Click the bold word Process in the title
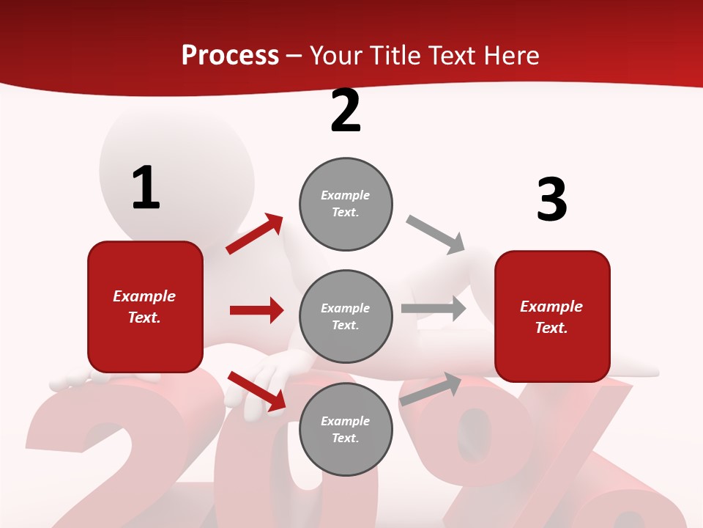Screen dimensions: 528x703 230,56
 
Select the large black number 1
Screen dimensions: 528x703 146,188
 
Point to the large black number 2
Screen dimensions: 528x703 346,111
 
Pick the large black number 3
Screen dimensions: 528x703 551,199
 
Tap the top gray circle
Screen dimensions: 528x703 346,204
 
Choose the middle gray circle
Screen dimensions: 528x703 346,316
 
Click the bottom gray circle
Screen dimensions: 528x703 346,429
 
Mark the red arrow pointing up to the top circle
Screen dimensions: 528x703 255,234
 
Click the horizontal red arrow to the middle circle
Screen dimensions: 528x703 256,310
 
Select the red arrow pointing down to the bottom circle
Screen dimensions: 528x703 256,391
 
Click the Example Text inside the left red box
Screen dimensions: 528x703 144,307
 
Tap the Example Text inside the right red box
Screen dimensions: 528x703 551,317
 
